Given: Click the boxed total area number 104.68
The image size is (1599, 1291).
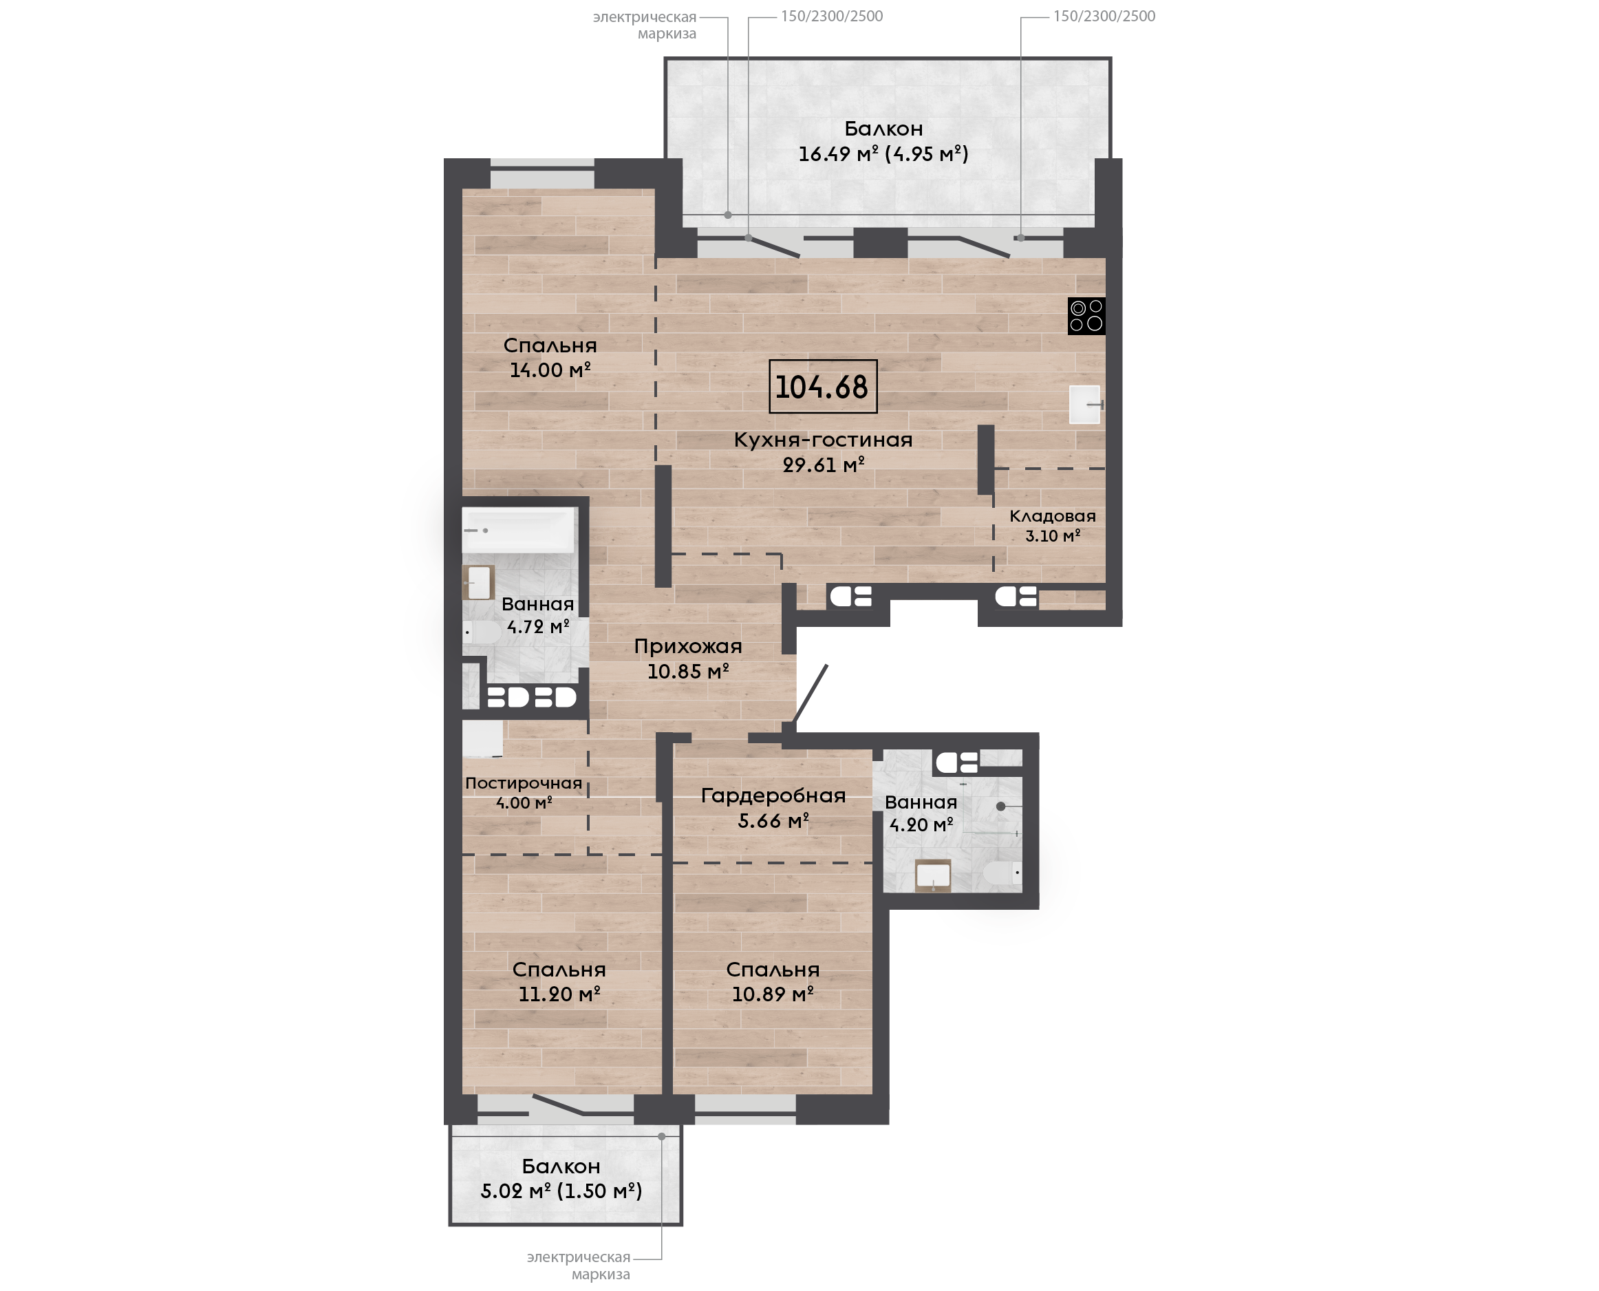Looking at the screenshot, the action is tap(822, 387).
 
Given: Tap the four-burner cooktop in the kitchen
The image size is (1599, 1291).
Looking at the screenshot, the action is tap(1086, 316).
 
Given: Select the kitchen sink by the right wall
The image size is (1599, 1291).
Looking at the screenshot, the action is tap(1084, 405).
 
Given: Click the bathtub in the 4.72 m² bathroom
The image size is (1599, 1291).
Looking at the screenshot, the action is tap(519, 529).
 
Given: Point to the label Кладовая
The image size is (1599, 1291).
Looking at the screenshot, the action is tap(1052, 516).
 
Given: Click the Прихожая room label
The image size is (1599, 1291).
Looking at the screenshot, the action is tap(687, 647).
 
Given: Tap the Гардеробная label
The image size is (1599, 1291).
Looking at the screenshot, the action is tap(773, 796).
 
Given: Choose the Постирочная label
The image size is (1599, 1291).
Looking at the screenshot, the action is tap(524, 783).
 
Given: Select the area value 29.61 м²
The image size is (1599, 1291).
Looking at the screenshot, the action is tap(824, 465).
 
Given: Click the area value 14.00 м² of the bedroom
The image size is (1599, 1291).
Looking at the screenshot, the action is tap(550, 370).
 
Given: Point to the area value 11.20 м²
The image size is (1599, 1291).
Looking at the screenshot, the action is tap(559, 994).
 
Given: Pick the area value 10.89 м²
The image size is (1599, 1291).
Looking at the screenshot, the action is tap(773, 994).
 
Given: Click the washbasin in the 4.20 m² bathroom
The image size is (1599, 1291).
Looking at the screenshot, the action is tap(933, 875).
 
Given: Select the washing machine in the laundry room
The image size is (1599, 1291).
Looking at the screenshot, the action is tap(482, 738).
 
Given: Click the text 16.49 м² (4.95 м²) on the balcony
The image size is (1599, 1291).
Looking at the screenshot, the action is tap(883, 154).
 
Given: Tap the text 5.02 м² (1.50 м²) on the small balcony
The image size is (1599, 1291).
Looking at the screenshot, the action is tap(561, 1191).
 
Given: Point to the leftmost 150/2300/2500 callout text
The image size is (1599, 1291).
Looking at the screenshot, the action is tap(832, 17).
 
